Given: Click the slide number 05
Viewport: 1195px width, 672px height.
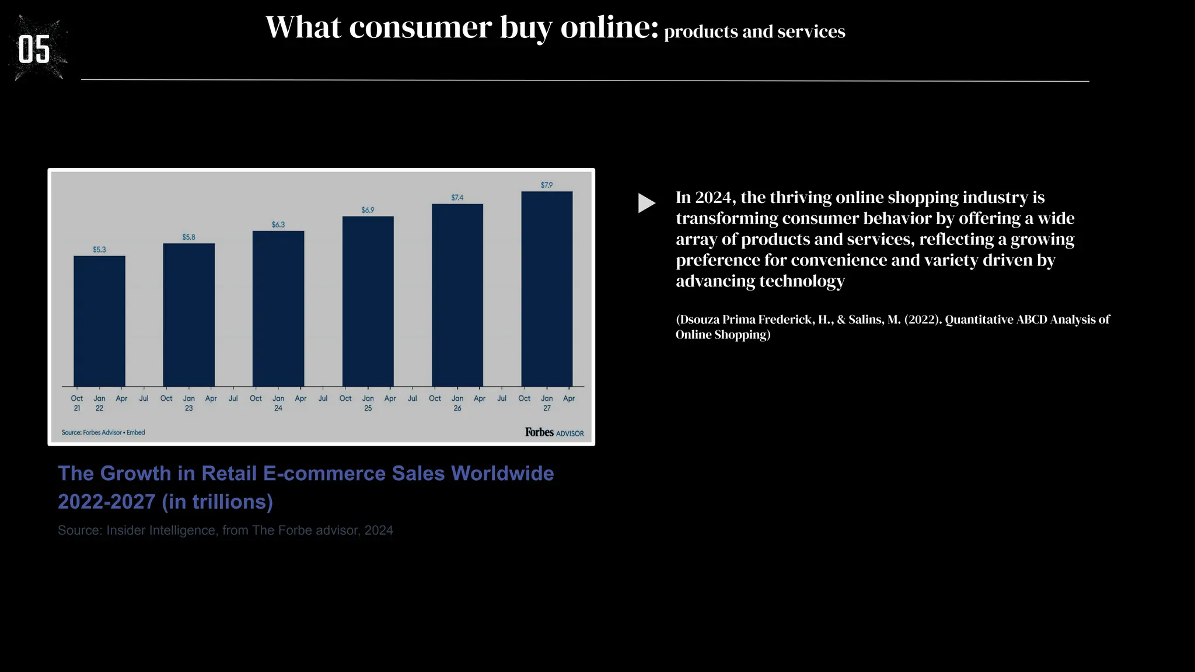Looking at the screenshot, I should pyautogui.click(x=34, y=50).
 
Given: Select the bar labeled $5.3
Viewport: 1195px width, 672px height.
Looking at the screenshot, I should pyautogui.click(x=99, y=321).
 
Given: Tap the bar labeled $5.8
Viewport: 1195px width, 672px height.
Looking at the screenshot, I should pyautogui.click(x=188, y=315).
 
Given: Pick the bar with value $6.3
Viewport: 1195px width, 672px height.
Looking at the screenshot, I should pyautogui.click(x=278, y=309).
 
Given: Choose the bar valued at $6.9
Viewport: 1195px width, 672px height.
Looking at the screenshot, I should pyautogui.click(x=368, y=302).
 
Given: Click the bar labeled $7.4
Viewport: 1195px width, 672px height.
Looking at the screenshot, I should pyautogui.click(x=457, y=295).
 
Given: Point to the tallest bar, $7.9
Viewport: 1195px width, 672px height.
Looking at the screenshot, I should pyautogui.click(x=547, y=289).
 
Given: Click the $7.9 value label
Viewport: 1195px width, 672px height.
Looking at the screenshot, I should pyautogui.click(x=547, y=185).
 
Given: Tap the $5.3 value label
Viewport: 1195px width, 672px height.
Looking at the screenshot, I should pyautogui.click(x=99, y=250).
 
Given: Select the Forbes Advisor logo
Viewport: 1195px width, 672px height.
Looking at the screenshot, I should pyautogui.click(x=554, y=432).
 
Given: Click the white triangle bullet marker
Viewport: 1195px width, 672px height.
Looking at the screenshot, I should pyautogui.click(x=647, y=203).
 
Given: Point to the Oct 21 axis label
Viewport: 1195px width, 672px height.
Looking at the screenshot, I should pyautogui.click(x=77, y=403).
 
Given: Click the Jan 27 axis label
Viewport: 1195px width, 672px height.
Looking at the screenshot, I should pyautogui.click(x=547, y=403).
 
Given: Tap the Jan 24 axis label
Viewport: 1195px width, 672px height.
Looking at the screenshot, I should pyautogui.click(x=278, y=403).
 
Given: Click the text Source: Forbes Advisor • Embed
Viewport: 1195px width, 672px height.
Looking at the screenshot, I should pyautogui.click(x=103, y=432).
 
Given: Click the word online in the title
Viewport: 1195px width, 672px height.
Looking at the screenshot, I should pyautogui.click(x=609, y=27).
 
